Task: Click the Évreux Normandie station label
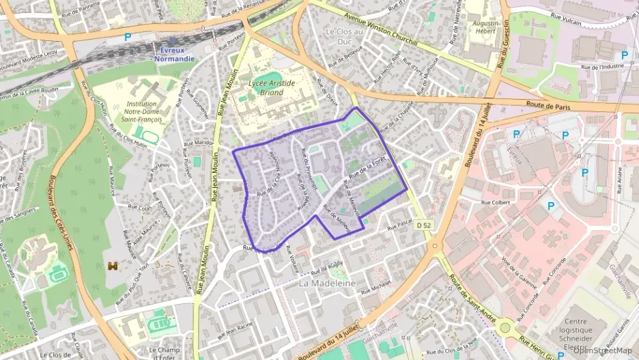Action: click(173, 54)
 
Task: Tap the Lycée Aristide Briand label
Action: click(272, 87)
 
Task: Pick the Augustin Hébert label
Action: click(485, 27)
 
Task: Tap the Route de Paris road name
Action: click(548, 106)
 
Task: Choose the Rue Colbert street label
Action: click(496, 202)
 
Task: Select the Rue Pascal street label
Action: click(401, 223)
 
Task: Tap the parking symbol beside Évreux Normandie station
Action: click(127, 38)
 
